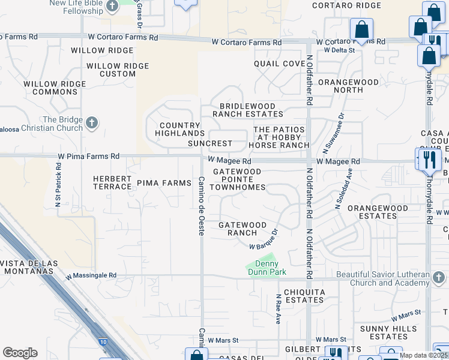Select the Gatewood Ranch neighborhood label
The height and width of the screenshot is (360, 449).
point(243,229)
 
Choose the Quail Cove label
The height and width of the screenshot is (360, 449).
point(279,64)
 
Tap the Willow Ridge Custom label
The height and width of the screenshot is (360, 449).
point(111,70)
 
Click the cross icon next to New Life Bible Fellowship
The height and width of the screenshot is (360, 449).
point(112,7)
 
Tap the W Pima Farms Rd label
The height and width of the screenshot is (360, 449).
point(89,156)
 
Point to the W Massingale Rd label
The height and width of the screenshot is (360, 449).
point(91,276)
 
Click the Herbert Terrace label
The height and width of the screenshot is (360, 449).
point(112,182)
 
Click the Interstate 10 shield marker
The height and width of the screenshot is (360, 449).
point(102,342)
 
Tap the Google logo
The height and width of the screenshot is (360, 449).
point(20,353)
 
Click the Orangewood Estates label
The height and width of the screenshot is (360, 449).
point(378,212)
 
